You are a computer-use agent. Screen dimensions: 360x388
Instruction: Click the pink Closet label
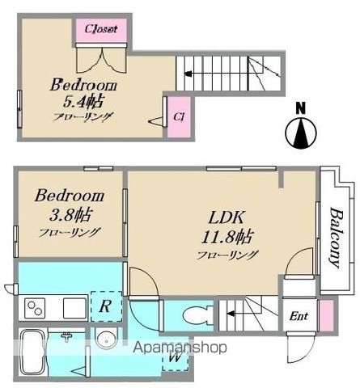point(101,29)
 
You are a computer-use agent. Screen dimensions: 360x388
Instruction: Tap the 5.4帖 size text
point(83,101)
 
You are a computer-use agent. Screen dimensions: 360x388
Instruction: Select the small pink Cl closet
point(179,117)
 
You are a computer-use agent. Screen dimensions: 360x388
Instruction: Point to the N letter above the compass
point(301,108)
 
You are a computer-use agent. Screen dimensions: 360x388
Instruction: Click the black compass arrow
point(301,133)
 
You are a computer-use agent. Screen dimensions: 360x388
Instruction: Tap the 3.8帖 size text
point(71,214)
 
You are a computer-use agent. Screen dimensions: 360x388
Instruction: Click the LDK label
point(227,217)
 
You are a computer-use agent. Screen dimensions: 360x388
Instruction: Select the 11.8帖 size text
point(227,237)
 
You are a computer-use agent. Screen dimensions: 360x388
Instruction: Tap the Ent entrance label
point(299,316)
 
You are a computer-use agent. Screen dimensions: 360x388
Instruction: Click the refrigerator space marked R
point(106,306)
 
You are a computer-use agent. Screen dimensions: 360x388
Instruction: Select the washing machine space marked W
point(175,357)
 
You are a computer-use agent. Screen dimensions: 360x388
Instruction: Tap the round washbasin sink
point(106,339)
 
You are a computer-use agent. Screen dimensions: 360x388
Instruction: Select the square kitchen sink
point(74,308)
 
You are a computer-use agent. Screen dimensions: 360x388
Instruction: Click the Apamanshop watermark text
point(180,348)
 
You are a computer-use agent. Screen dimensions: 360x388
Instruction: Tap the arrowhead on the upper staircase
point(188,74)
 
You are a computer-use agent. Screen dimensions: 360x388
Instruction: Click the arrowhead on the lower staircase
point(230,314)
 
